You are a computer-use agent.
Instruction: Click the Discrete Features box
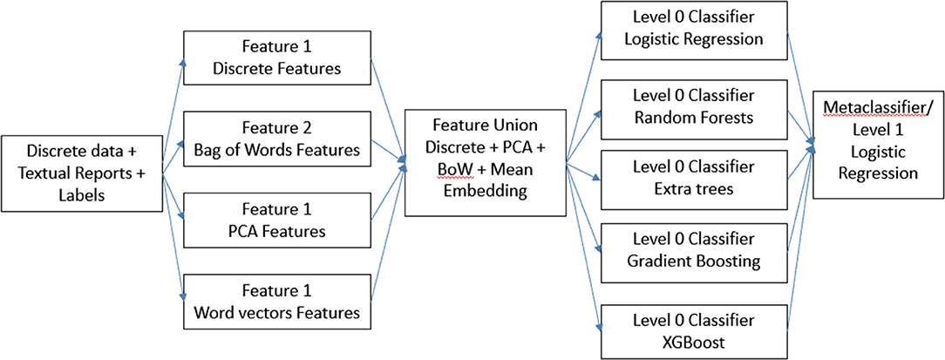277,59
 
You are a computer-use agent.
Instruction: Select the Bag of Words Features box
277,137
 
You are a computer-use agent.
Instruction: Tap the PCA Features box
277,221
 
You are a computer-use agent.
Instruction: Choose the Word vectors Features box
277,302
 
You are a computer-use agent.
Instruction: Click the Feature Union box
486,162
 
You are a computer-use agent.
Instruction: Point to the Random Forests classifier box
693,106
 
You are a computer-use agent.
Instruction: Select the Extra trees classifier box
693,179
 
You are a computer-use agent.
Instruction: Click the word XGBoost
693,343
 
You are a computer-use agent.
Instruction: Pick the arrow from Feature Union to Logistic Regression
583,97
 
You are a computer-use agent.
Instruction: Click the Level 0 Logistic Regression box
693,31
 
